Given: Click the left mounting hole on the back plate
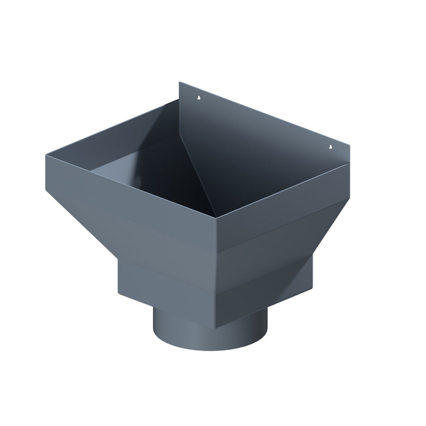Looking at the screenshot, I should point(199,97).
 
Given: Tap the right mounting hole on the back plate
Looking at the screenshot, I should point(330,146).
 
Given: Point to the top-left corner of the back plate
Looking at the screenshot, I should point(180,83).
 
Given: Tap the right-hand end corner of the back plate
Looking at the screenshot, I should point(352,148).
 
